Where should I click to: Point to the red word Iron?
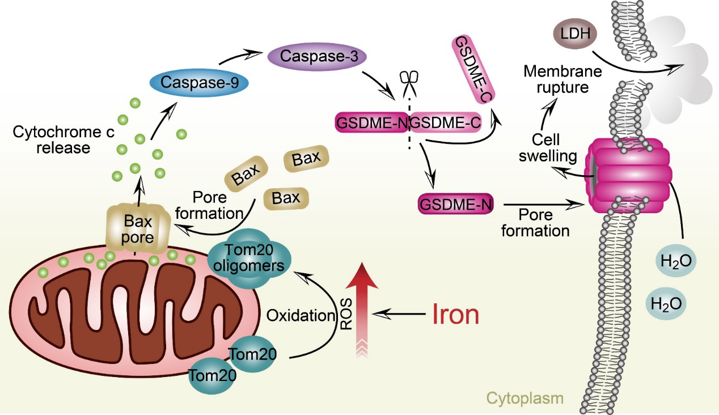click(456, 314)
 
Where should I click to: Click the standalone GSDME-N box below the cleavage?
click(455, 204)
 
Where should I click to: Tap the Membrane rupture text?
click(555, 80)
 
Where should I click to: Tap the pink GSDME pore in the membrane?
click(629, 176)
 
